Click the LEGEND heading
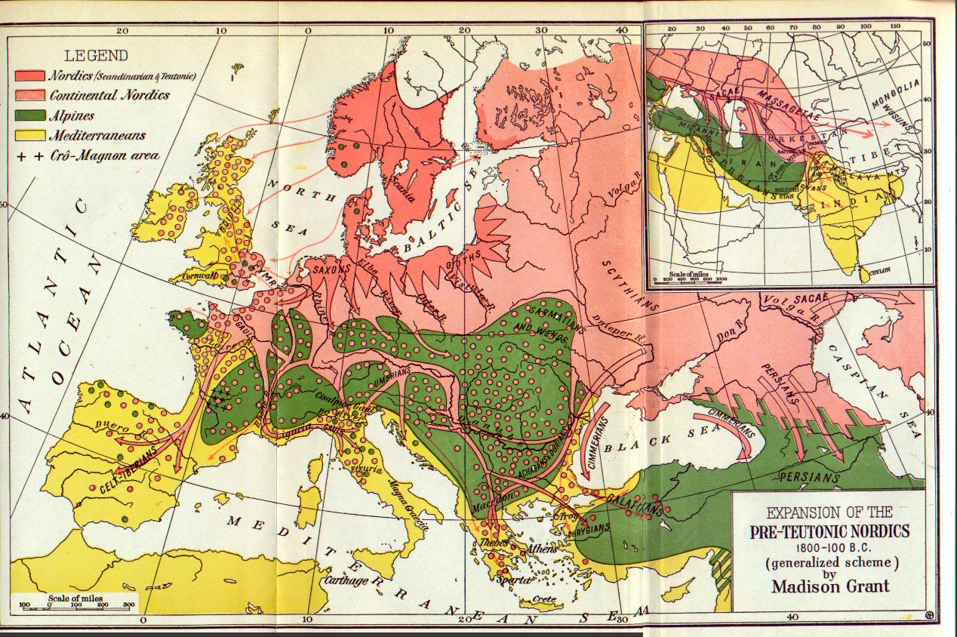coord(96,55)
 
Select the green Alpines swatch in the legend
coord(29,115)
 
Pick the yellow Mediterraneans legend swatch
coord(29,136)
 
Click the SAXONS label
coord(327,268)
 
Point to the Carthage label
coord(347,580)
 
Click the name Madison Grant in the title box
coord(829,585)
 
